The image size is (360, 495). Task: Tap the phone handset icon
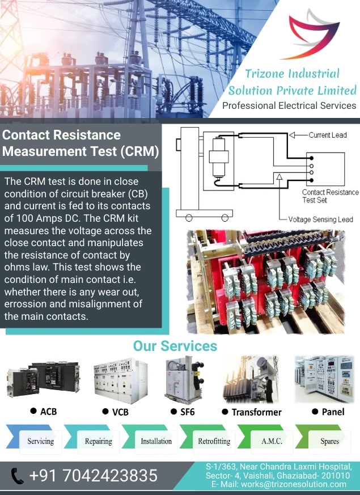click(17, 476)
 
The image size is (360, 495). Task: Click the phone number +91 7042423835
click(94, 475)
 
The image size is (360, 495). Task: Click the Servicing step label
click(40, 441)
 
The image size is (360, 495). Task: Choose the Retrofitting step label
click(214, 441)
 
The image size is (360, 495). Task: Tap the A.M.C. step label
click(272, 441)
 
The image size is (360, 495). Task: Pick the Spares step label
click(330, 441)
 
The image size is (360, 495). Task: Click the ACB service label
click(48, 411)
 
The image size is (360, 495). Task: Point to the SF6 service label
click(188, 412)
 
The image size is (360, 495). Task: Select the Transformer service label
click(256, 412)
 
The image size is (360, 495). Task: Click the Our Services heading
click(175, 346)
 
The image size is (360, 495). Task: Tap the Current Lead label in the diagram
click(328, 135)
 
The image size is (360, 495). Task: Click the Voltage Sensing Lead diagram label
click(320, 219)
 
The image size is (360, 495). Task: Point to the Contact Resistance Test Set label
click(331, 196)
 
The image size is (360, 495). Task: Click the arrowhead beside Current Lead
click(292, 135)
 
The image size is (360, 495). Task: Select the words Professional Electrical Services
click(289, 105)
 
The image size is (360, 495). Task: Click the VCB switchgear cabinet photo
click(121, 380)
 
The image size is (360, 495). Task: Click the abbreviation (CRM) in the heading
click(139, 151)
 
